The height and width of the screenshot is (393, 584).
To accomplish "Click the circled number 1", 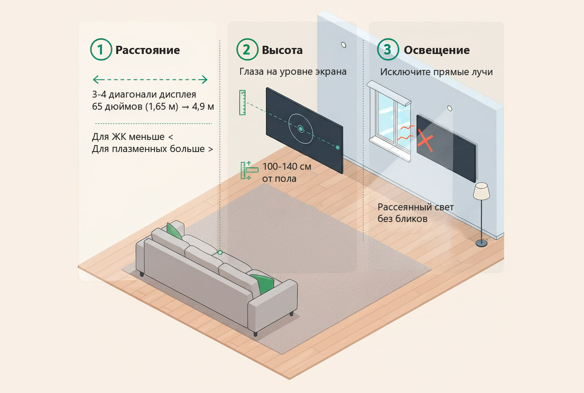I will click(x=101, y=50).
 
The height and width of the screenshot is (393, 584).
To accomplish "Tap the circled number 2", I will click(x=247, y=50).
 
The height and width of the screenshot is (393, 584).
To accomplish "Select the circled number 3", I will click(x=388, y=50).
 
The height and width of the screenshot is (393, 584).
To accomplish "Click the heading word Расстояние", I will click(x=148, y=50).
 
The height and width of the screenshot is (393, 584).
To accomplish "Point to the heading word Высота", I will click(x=282, y=50).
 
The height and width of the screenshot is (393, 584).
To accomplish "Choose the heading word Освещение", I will click(x=437, y=50).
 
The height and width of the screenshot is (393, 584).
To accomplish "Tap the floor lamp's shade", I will click(x=481, y=191).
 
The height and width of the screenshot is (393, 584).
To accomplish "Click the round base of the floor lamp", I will click(x=481, y=243).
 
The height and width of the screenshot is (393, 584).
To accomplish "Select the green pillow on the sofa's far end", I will click(x=175, y=231).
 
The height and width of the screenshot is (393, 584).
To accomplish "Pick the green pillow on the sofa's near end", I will click(x=263, y=283).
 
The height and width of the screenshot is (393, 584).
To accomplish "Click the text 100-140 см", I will click(x=287, y=166).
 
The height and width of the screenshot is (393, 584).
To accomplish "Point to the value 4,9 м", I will click(x=203, y=106).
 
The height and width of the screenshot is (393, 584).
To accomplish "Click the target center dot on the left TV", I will click(x=301, y=129).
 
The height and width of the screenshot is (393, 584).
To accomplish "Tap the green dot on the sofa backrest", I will click(x=220, y=252).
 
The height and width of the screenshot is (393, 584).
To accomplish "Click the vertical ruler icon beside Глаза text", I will click(x=242, y=102).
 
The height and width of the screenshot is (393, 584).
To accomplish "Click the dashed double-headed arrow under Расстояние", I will click(x=150, y=79).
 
